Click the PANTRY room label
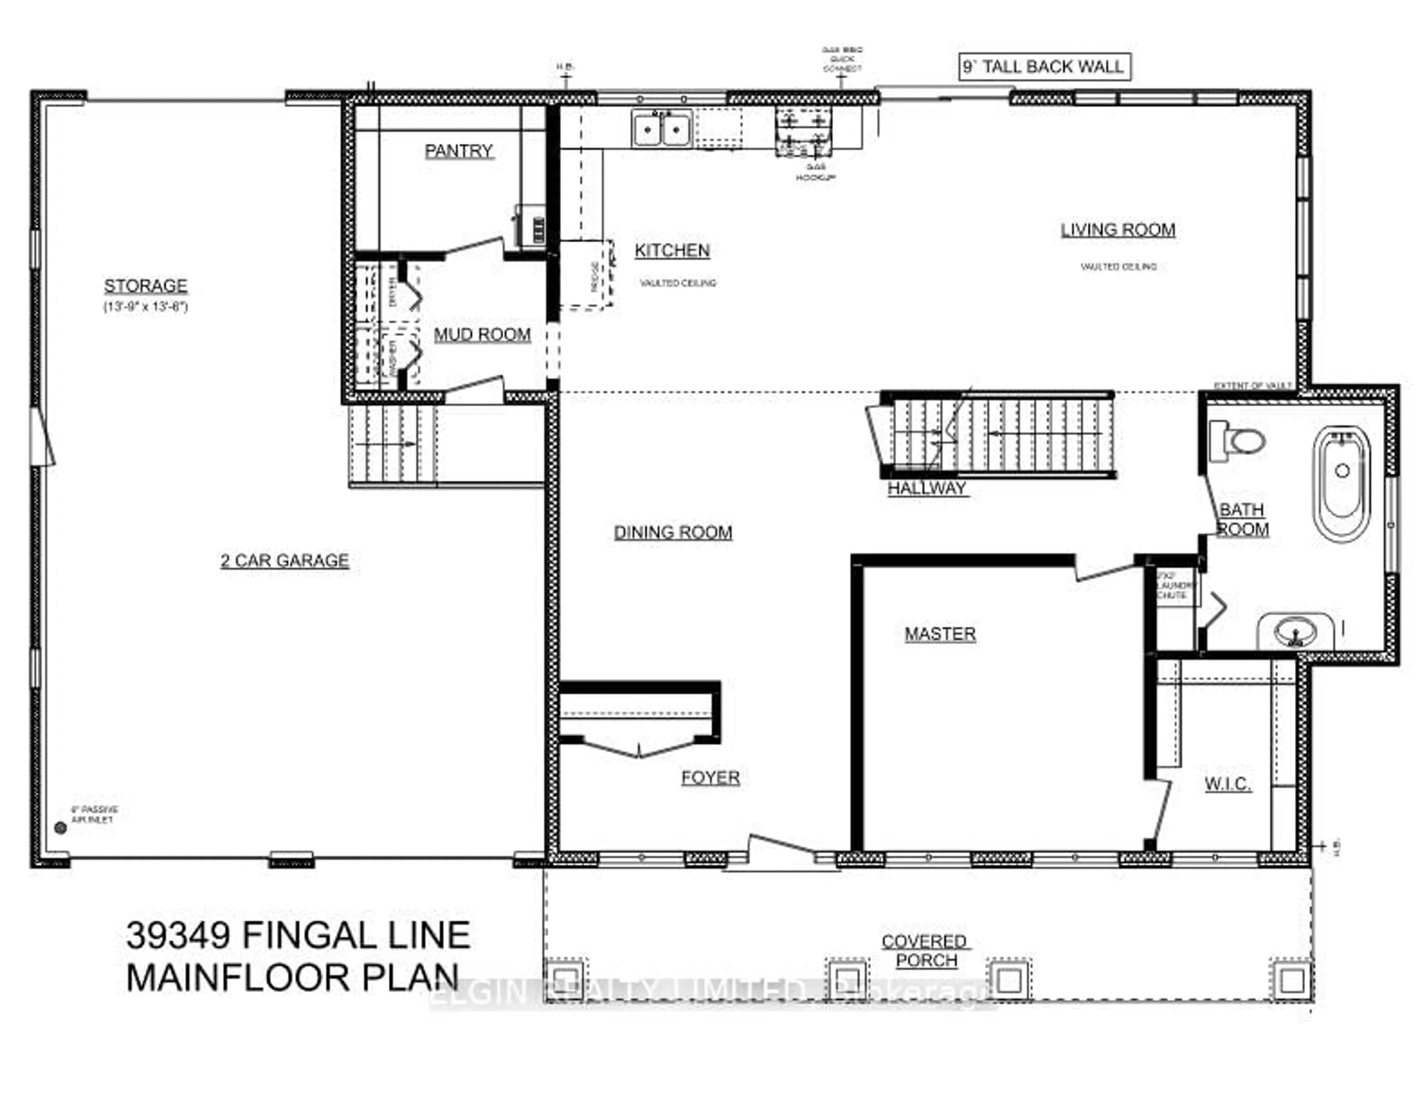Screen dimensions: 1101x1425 click(459, 151)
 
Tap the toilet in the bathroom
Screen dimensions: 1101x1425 click(1238, 441)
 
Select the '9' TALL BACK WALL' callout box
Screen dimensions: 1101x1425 click(1044, 66)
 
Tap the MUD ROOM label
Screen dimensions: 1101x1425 click(482, 335)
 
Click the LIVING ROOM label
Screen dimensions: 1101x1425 click(1118, 230)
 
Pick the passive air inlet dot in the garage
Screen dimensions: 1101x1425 click(61, 827)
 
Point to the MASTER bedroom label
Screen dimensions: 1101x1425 click(940, 634)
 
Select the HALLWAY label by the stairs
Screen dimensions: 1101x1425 click(927, 488)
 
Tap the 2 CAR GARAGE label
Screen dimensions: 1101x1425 click(285, 561)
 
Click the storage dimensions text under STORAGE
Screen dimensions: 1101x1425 click(145, 307)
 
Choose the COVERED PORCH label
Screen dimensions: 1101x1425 click(924, 951)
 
